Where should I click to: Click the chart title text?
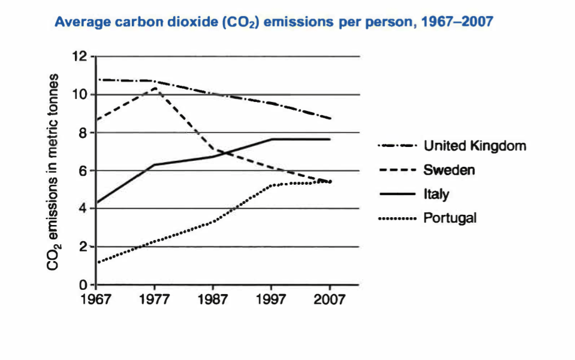tap(274, 23)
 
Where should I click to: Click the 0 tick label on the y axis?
tap(84, 285)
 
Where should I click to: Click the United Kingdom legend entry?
tap(474, 146)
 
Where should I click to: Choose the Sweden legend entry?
tap(449, 170)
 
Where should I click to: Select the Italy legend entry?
tap(436, 194)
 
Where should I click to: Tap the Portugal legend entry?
tap(450, 218)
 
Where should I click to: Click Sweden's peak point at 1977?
tap(155, 88)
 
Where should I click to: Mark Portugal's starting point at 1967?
tap(97, 262)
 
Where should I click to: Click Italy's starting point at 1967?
tap(97, 203)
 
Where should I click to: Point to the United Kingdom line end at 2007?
tap(330, 119)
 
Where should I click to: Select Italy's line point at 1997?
tap(272, 139)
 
